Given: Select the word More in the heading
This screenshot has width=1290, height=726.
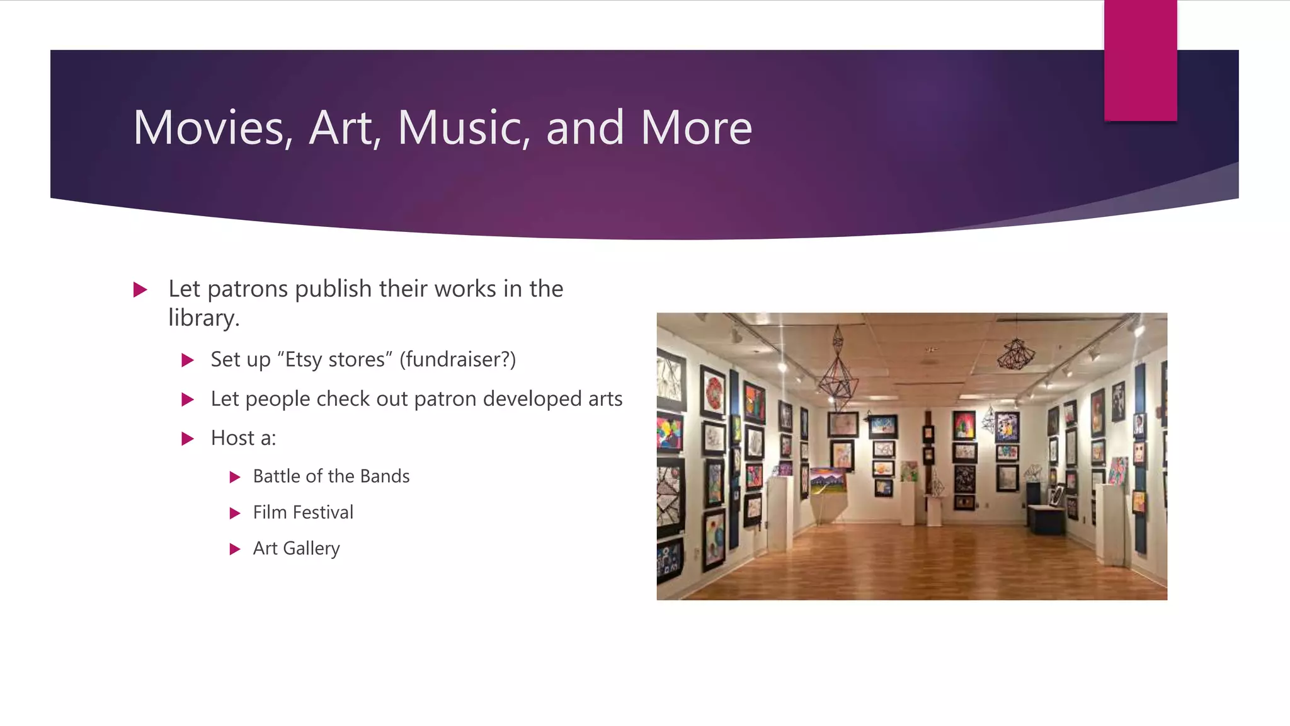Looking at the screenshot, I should point(696,128).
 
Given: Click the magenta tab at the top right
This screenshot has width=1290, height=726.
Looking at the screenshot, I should point(1140,60).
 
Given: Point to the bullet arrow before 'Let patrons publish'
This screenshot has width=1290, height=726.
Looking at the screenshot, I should point(140,290).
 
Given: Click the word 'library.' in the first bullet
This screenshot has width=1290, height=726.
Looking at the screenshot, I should point(203,318).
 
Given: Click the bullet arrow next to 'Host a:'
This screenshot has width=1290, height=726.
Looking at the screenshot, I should point(187,439).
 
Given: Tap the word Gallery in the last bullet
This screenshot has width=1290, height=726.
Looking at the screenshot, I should point(311,549).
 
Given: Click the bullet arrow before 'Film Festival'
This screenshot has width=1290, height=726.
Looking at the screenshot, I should point(235,513).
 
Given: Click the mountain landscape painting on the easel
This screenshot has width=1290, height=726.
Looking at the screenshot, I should point(828,481).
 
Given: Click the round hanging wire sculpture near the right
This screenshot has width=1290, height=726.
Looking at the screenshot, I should point(1015,354).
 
